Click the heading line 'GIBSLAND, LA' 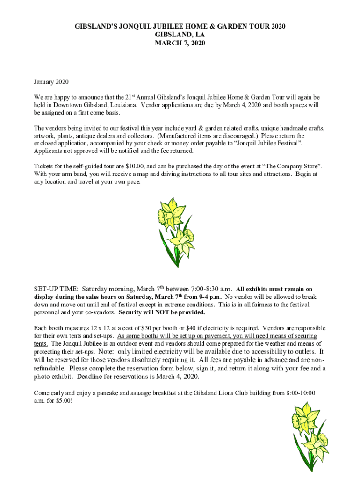pos(180,35)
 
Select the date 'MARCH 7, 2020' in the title pos(180,44)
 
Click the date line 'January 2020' pos(51,82)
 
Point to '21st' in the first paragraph pos(131,97)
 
